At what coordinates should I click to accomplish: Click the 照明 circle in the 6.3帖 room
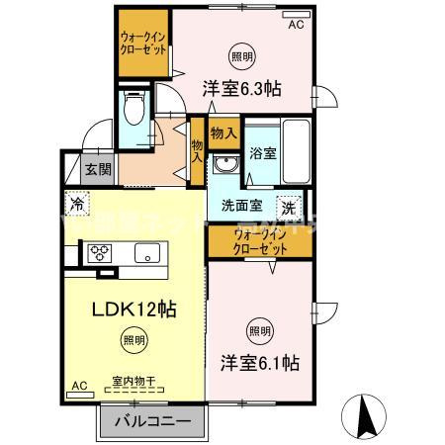point(240,54)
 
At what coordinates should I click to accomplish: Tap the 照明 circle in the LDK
point(131,341)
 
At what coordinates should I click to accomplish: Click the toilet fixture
point(134,107)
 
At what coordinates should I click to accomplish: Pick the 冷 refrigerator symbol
point(77,205)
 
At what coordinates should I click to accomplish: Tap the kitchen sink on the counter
point(144,256)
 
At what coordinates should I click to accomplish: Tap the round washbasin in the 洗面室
point(226,164)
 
